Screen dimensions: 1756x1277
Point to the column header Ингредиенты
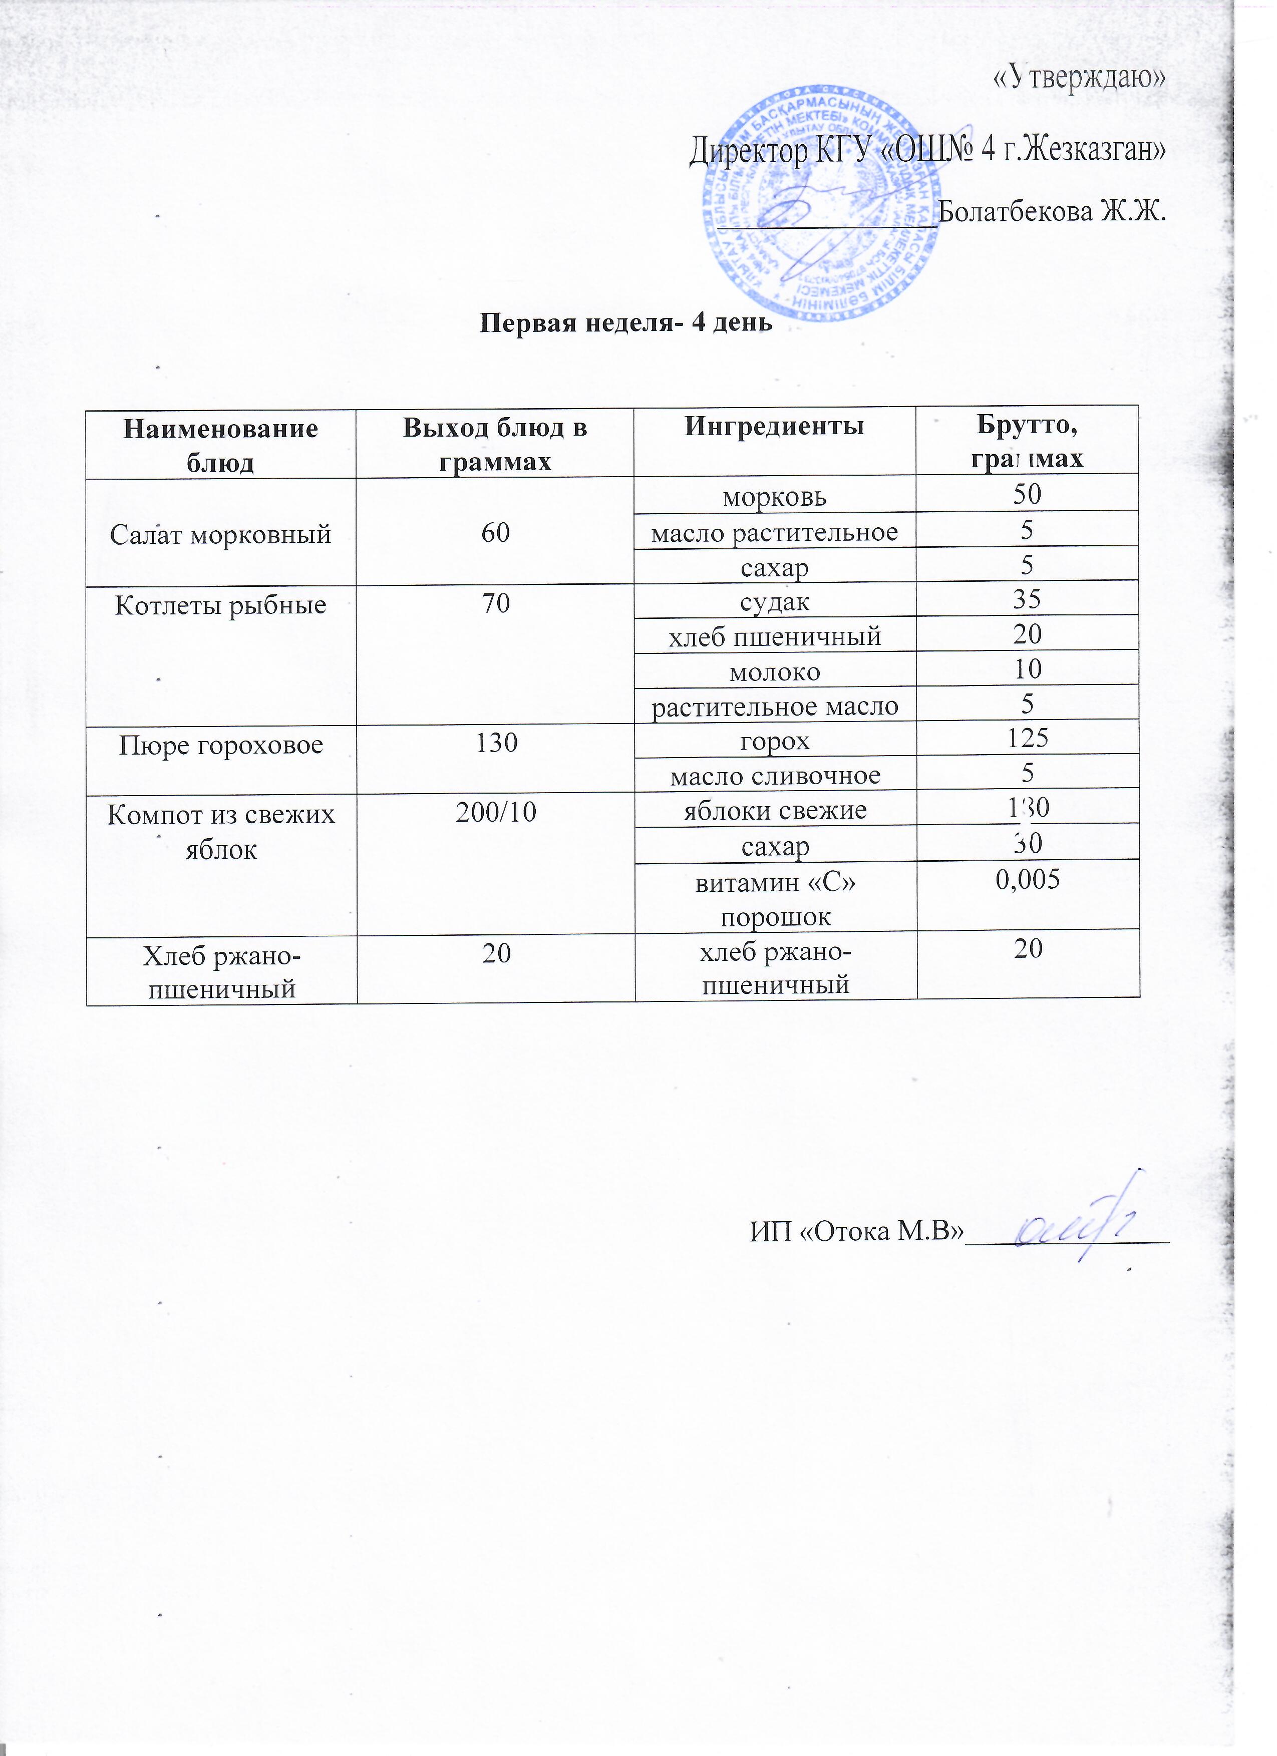[774, 428]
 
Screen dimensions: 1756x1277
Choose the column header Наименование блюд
[221, 445]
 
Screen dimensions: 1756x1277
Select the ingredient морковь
[774, 496]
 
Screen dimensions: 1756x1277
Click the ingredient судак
[774, 601]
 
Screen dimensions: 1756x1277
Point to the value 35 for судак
[1027, 598]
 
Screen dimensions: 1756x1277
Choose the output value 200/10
[496, 812]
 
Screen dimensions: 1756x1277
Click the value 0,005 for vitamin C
[1027, 879]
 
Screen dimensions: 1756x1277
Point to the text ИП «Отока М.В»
[856, 1230]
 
